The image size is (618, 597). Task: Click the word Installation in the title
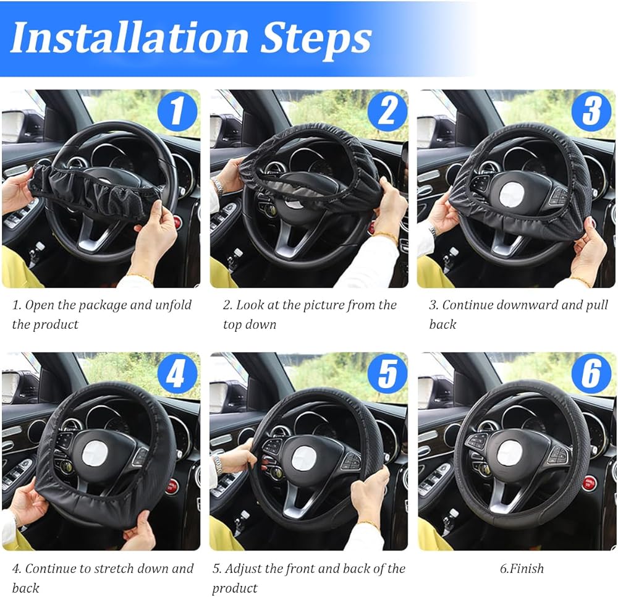[130, 38]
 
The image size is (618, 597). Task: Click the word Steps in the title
[316, 40]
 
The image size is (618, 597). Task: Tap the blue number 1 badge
[177, 111]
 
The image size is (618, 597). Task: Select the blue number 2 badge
[387, 111]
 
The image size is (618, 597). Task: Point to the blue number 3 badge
[591, 111]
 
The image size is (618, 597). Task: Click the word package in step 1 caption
[99, 306]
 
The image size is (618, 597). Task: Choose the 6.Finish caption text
[522, 568]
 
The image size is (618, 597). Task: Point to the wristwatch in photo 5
[218, 465]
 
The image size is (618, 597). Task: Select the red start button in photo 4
[171, 487]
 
